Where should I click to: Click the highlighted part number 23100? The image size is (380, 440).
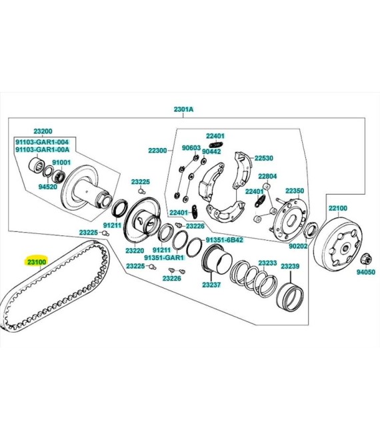(37, 262)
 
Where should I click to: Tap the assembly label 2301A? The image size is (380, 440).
(183, 109)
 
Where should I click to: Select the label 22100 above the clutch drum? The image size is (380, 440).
(338, 208)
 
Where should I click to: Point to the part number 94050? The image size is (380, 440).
(366, 272)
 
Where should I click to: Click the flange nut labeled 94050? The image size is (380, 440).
(366, 259)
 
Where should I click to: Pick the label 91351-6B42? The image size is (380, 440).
(224, 240)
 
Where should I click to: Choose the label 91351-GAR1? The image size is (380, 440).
(164, 257)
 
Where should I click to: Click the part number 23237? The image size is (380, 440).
(211, 285)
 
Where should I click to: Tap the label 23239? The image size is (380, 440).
(290, 266)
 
